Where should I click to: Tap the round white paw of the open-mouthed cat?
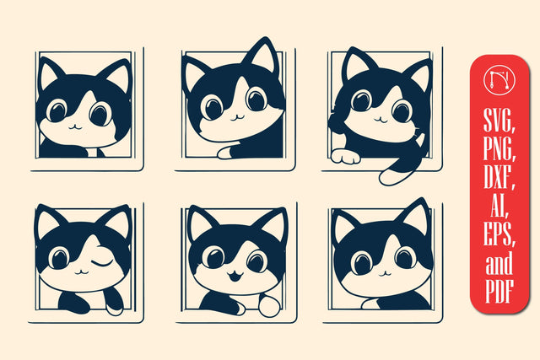(x=267, y=307)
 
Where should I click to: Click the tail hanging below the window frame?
(x=393, y=175)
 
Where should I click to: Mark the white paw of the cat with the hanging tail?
(x=344, y=157)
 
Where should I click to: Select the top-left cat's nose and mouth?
(x=74, y=125)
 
